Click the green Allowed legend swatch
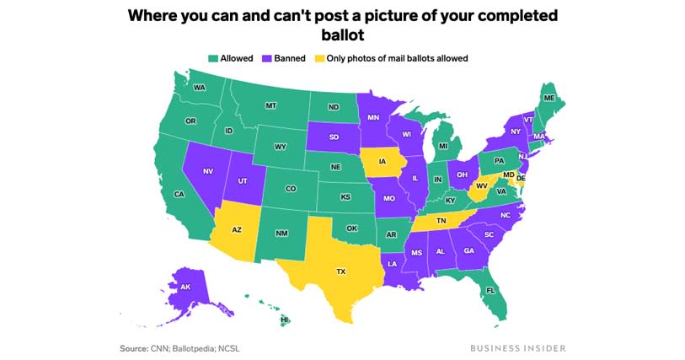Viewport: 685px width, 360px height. point(213,58)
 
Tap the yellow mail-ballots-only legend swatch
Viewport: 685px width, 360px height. point(319,58)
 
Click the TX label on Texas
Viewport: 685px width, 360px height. point(341,271)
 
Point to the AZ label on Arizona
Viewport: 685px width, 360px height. point(237,228)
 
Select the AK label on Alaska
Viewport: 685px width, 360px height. point(185,287)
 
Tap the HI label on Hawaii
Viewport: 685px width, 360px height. point(285,320)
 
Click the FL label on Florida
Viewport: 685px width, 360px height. point(490,291)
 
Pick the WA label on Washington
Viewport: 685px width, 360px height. point(200,88)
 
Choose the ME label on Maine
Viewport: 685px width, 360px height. point(549,99)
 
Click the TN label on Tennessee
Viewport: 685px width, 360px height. point(441,220)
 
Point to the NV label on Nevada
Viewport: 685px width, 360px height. point(208,171)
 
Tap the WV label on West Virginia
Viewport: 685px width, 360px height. point(482,185)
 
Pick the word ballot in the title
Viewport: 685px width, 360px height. point(342,35)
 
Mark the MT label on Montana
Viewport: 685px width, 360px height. point(271,105)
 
